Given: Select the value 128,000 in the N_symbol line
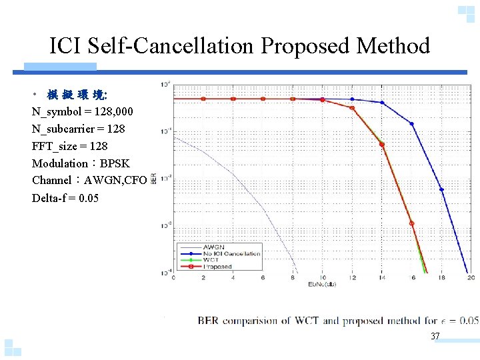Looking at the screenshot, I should click(x=100, y=111).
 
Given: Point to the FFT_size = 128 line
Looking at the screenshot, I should click(x=69, y=146).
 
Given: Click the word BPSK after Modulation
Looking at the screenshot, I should click(x=115, y=163).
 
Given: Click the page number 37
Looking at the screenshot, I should click(x=435, y=336).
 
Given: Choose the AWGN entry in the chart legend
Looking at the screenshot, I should click(x=215, y=247).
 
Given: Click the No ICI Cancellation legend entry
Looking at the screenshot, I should click(x=231, y=254).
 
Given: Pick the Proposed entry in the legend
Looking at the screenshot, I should click(x=219, y=267).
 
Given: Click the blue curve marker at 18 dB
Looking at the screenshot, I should click(x=441, y=190).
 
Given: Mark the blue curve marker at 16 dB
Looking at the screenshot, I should click(x=411, y=124).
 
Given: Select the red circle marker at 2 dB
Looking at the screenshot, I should click(x=203, y=99).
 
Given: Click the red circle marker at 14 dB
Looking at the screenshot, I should click(x=382, y=144).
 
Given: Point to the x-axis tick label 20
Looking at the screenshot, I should click(x=471, y=278).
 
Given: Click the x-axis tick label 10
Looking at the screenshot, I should click(x=323, y=278).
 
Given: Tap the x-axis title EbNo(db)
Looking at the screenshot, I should click(x=322, y=285).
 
